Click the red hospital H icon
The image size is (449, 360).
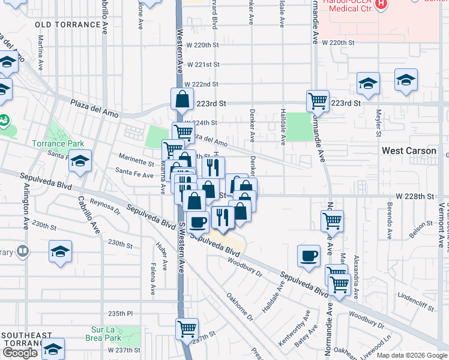(381, 5)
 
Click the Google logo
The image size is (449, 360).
(20, 353)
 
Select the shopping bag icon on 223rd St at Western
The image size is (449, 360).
(182, 98)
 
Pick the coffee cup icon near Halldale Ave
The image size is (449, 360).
(309, 256)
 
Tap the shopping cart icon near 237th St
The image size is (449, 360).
(187, 329)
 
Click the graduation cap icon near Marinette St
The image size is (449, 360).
(80, 161)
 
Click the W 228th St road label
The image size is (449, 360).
(414, 196)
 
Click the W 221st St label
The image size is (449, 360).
(203, 64)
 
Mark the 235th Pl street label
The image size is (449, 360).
(120, 313)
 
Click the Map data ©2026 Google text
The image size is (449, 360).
(412, 355)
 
